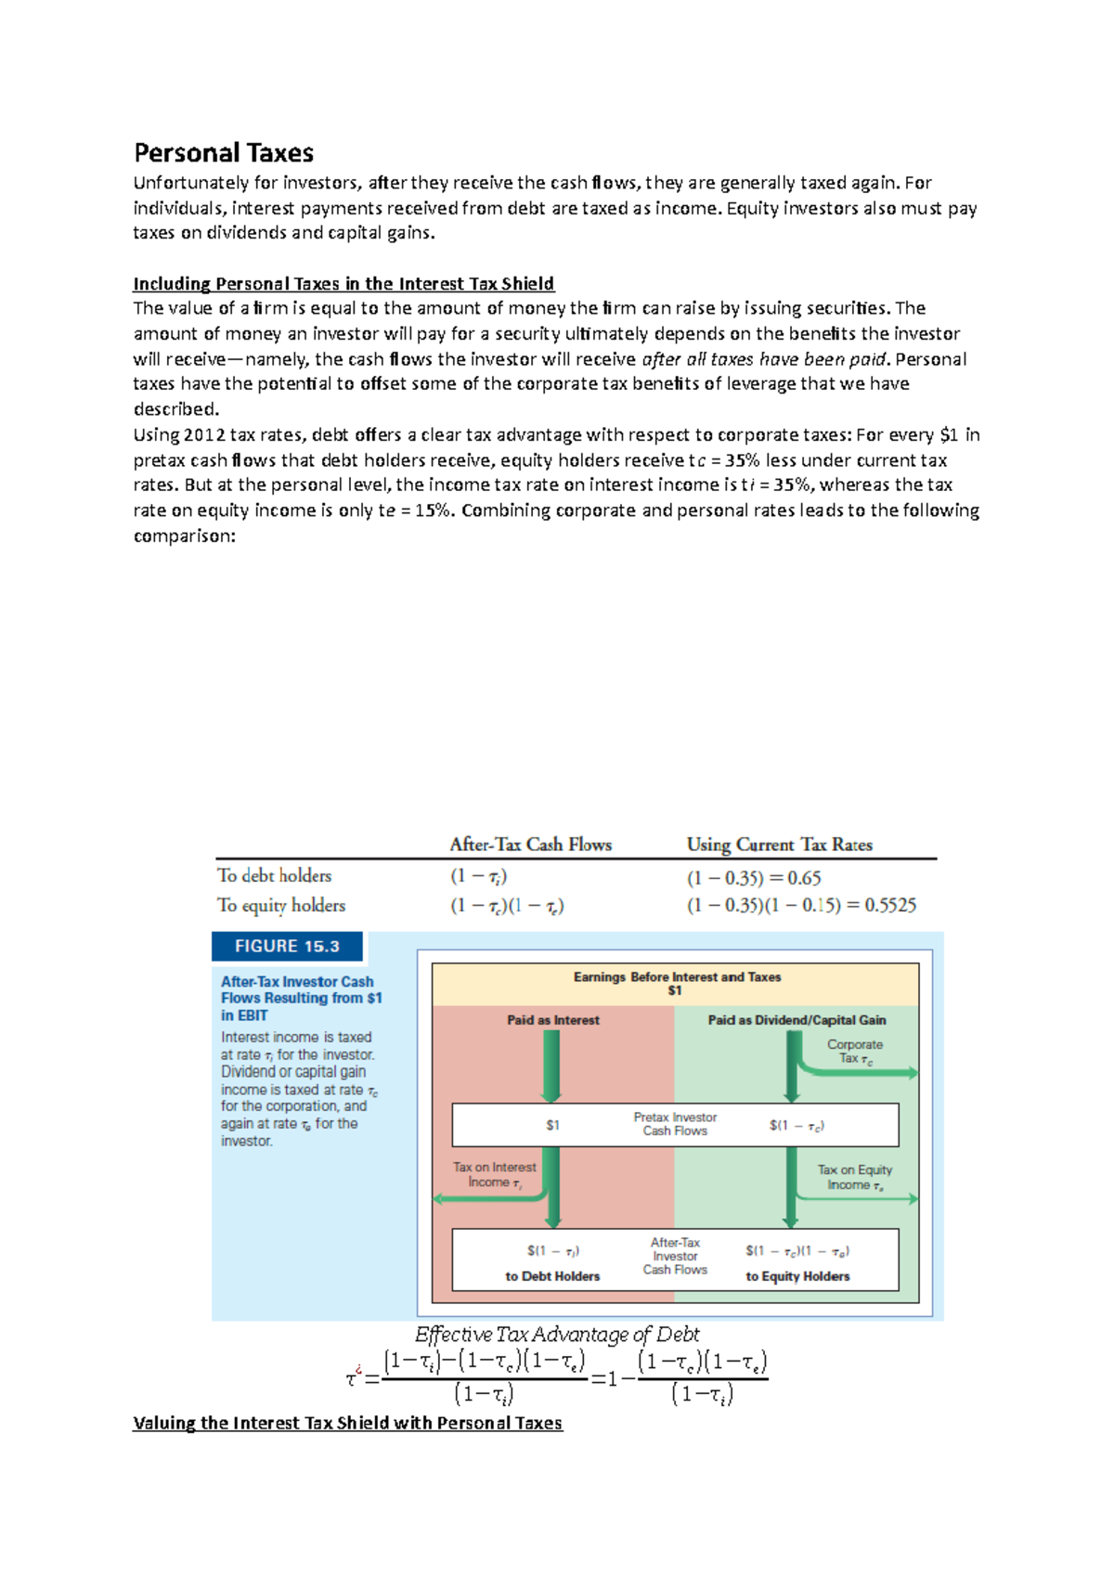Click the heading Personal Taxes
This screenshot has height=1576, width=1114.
[224, 153]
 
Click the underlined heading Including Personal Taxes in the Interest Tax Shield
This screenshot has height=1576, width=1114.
[343, 284]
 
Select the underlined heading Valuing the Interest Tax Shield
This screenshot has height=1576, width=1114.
[347, 1423]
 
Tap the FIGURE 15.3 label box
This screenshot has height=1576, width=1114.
[287, 946]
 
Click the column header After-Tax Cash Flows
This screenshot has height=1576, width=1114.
[530, 845]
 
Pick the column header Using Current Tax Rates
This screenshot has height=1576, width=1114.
[779, 845]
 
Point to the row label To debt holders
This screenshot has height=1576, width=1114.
[274, 875]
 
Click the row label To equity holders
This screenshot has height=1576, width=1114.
[280, 905]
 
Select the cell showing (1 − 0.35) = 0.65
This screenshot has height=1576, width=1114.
[754, 878]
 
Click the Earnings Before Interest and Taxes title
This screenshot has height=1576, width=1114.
[677, 977]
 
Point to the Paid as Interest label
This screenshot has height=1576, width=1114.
[553, 1020]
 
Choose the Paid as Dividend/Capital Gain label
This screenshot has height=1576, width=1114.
[797, 1020]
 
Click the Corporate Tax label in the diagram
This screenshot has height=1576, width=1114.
[855, 1052]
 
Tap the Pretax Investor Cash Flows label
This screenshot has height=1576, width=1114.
[675, 1124]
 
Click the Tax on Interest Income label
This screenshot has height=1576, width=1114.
[494, 1174]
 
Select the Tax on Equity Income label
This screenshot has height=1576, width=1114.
[854, 1177]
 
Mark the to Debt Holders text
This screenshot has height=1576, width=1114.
[552, 1276]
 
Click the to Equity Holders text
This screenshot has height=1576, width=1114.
[797, 1276]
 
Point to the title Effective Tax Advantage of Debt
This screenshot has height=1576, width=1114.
[557, 1335]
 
